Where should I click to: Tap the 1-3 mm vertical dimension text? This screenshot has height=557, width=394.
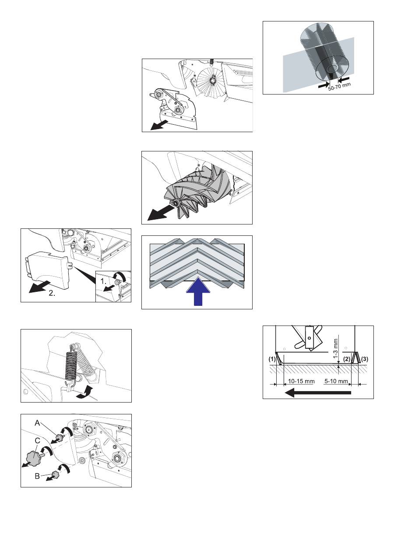click(336, 348)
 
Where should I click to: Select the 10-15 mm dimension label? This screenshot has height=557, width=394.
click(301, 382)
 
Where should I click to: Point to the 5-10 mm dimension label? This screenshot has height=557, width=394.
click(336, 382)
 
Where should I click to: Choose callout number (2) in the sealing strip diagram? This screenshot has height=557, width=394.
click(347, 359)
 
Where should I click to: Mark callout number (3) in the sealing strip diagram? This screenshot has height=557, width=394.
click(364, 359)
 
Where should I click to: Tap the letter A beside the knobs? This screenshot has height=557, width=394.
click(37, 423)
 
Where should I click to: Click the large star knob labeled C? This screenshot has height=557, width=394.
click(34, 455)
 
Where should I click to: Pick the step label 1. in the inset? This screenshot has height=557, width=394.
click(104, 282)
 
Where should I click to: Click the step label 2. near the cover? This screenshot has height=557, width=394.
click(52, 293)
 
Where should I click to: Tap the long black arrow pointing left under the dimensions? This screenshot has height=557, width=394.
click(317, 393)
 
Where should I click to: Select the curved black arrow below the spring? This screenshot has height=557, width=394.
click(84, 392)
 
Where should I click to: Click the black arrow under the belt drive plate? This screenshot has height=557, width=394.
click(159, 125)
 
